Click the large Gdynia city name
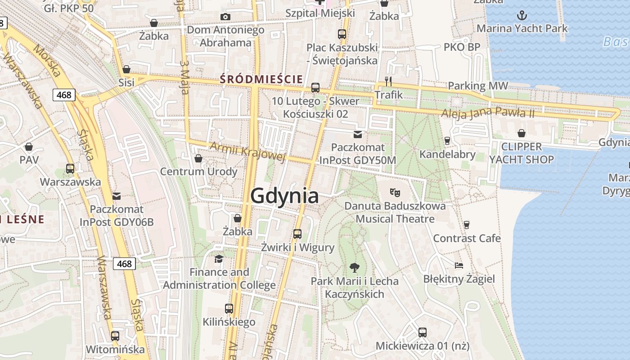[x=284, y=196]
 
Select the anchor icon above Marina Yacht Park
[x=522, y=16]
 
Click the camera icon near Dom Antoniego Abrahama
[x=225, y=17]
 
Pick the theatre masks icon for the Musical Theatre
[x=396, y=193]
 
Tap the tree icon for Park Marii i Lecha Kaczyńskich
[x=355, y=268]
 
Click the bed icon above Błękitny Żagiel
[x=459, y=265]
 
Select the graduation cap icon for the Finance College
[x=219, y=259]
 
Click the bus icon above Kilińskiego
[x=229, y=309]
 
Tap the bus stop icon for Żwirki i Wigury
[x=297, y=234]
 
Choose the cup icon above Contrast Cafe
[x=467, y=225]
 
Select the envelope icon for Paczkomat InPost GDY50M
[x=358, y=134]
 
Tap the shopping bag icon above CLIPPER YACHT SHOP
[x=522, y=133]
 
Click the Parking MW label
[x=478, y=85]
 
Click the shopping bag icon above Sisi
[x=126, y=69]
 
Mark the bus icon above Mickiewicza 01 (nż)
[x=422, y=333]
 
